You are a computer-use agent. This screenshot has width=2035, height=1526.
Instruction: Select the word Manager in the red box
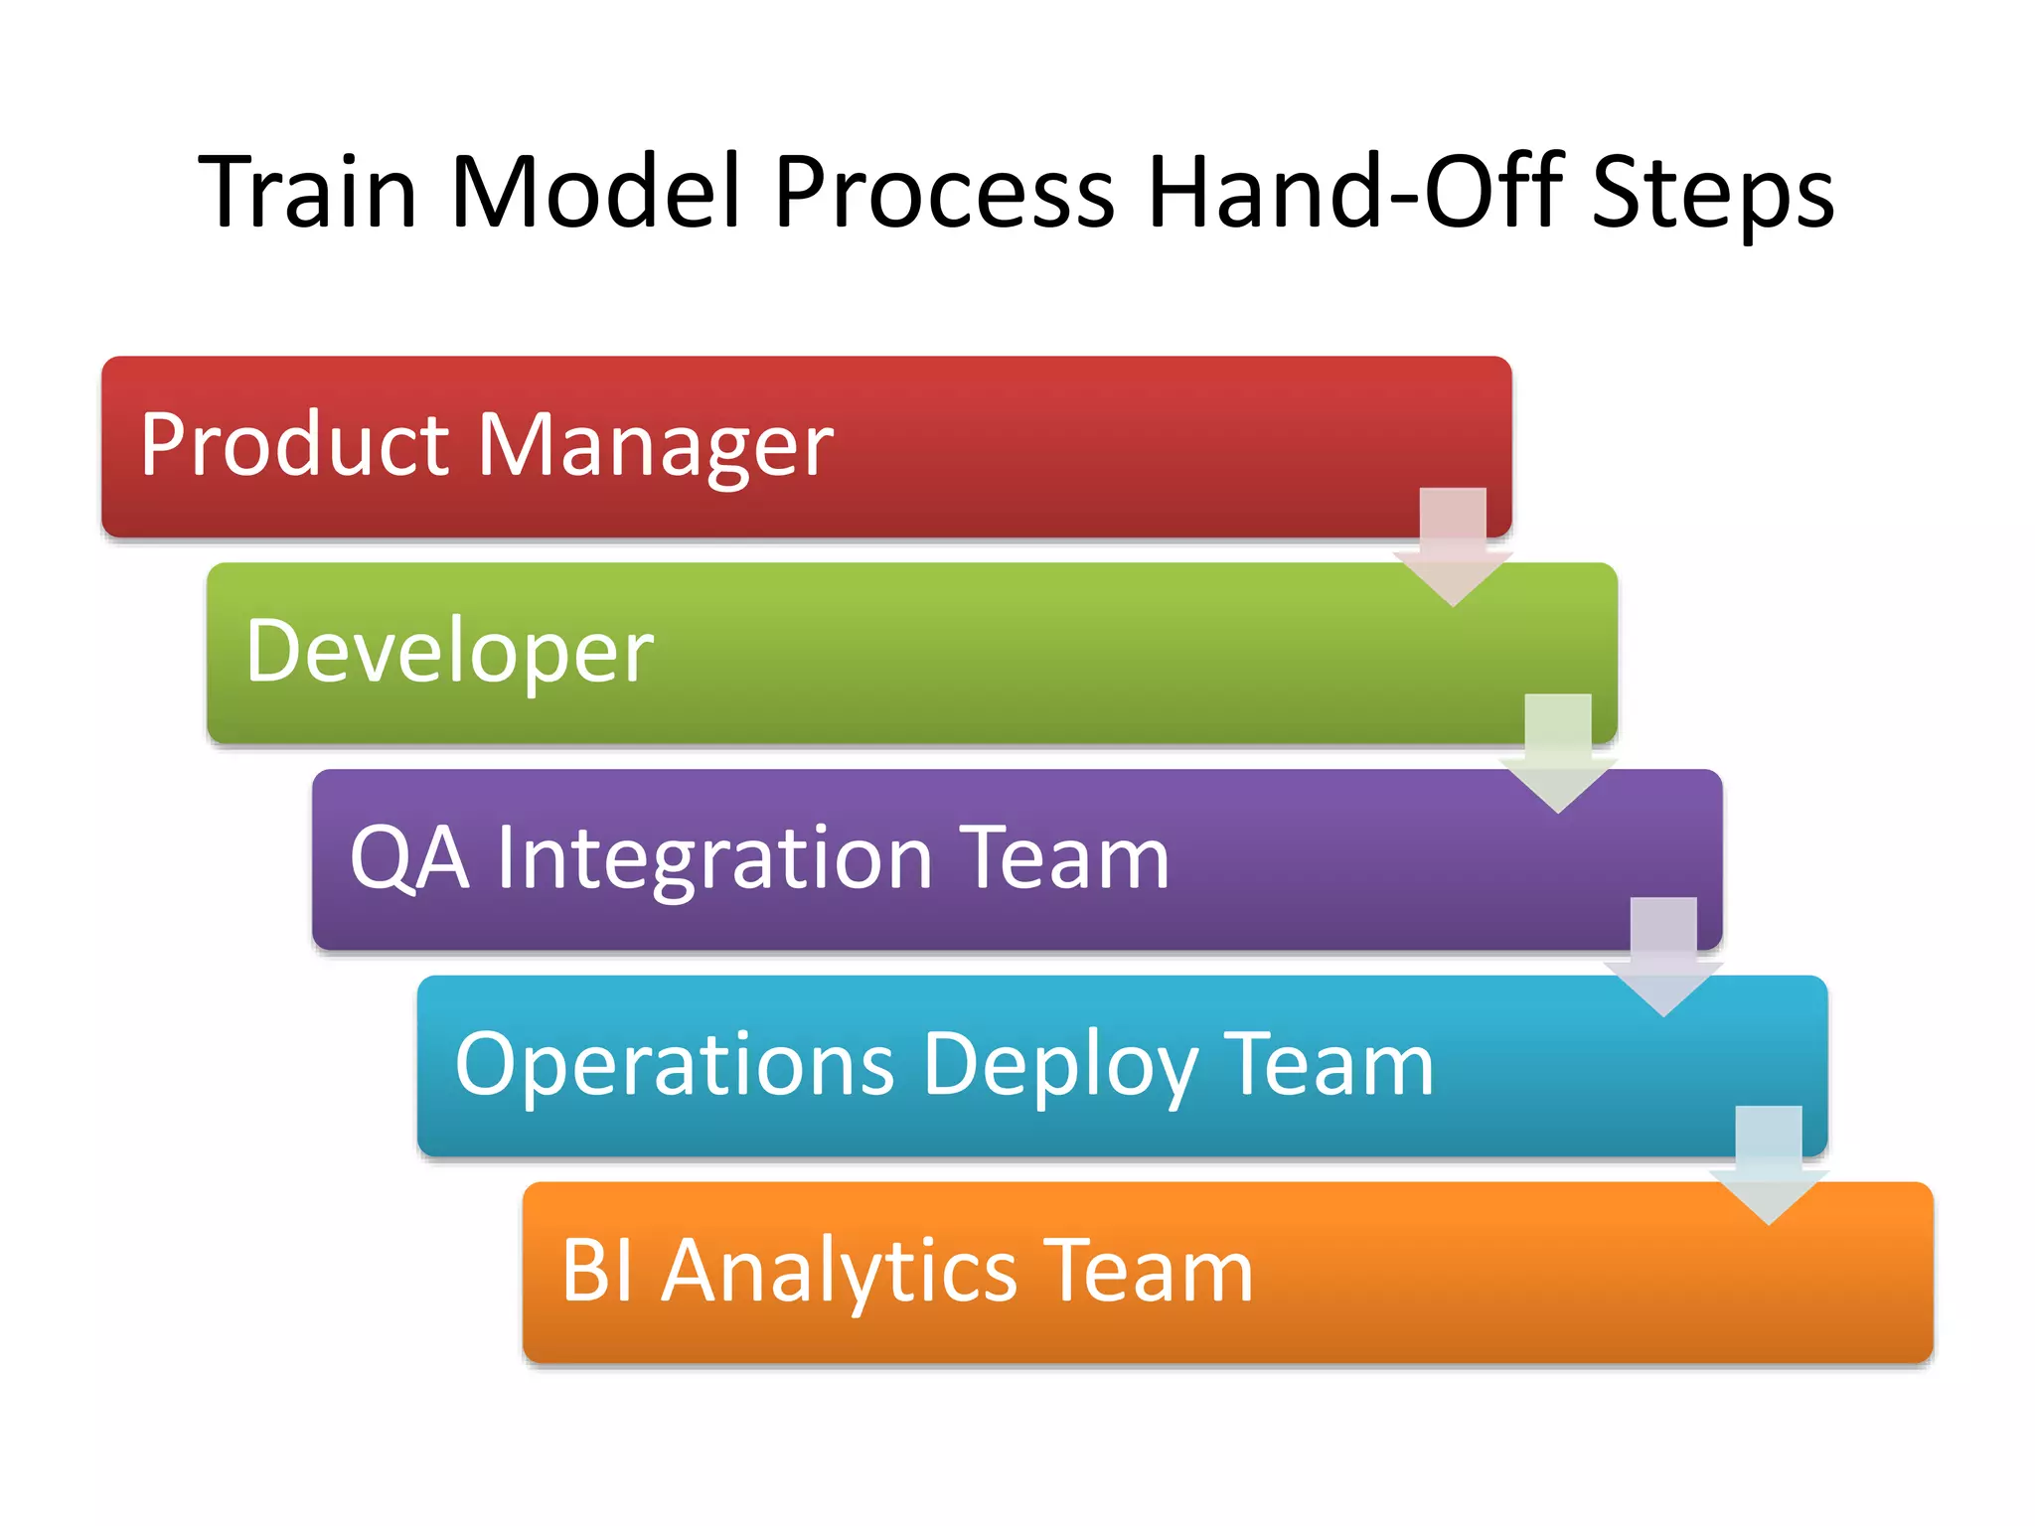pos(656,446)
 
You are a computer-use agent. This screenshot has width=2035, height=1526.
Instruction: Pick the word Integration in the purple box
pos(713,858)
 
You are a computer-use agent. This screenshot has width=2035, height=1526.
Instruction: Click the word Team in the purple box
pos(1068,858)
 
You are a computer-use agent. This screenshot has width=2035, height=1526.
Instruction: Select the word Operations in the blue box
pos(675,1065)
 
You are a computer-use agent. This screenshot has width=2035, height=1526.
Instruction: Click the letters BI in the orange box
pos(597,1271)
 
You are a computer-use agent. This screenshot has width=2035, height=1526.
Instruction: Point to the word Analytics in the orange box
pos(840,1273)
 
